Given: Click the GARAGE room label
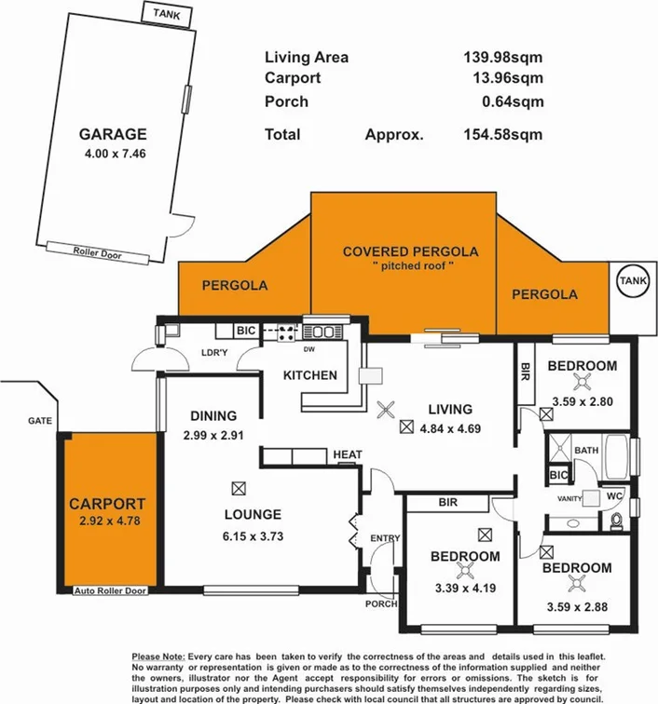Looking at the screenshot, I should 113,133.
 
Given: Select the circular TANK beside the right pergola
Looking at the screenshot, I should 633,280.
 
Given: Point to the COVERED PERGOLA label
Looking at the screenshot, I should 410,251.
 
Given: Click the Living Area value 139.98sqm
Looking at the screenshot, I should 502,58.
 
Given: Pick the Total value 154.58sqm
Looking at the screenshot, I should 502,134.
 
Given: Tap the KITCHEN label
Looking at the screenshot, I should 310,375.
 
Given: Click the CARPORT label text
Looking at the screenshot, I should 107,504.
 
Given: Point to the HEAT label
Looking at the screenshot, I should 347,454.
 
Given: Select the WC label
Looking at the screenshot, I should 614,496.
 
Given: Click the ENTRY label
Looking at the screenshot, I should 383,538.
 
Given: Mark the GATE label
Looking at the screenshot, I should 39,421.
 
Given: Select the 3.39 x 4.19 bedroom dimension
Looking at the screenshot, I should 464,588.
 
